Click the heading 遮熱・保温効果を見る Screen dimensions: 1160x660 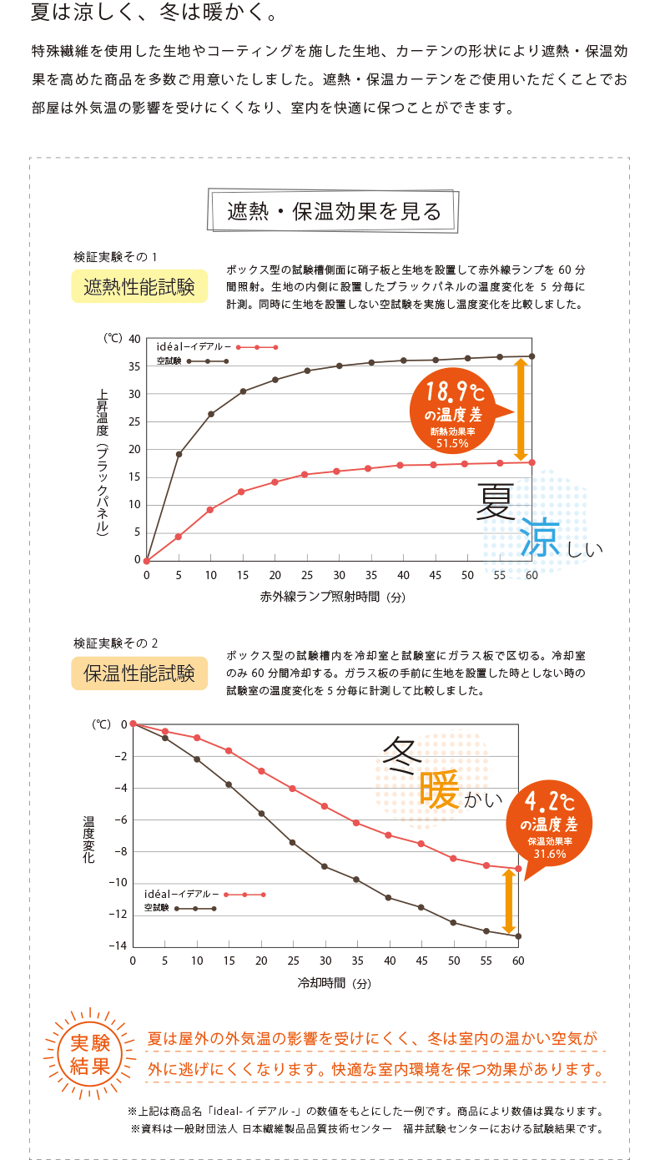coord(334,212)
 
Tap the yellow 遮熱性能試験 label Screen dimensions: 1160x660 coord(139,287)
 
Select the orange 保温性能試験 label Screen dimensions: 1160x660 coord(139,673)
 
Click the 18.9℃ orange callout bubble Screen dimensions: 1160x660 coord(452,409)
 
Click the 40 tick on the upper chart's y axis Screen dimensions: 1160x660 coord(134,338)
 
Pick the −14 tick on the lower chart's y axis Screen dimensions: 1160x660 coord(116,946)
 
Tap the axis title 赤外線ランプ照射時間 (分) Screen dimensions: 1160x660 coord(333,598)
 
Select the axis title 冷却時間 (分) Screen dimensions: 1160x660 coord(334,983)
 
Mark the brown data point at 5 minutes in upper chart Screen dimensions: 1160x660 coord(179,454)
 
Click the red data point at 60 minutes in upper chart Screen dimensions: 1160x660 coord(532,462)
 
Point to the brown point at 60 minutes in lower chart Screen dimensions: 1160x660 coord(518,936)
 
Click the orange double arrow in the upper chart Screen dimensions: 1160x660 coord(520,409)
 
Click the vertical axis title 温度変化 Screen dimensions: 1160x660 coord(88,839)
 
